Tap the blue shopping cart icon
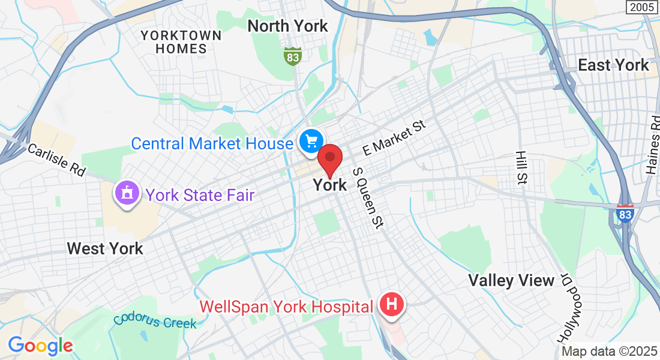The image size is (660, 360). coord(311,142)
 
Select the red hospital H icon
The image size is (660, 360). coord(391,305)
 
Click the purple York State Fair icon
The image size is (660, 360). coord(127,194)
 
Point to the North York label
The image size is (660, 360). coord(288,26)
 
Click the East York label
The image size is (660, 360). coord(613,65)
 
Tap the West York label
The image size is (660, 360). coord(105,248)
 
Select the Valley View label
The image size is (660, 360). coord(511,280)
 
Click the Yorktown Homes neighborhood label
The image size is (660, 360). coord(181,42)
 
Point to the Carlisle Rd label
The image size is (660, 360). coord(57,160)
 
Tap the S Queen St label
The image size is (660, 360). coord(367,198)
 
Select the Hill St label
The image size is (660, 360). coord(521,167)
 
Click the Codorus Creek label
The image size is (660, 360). coord(155,320)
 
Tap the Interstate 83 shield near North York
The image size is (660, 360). coord(292,57)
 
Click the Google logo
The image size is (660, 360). coord(40,346)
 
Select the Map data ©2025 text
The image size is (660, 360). coord(609,351)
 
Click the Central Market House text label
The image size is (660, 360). coord(212,143)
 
